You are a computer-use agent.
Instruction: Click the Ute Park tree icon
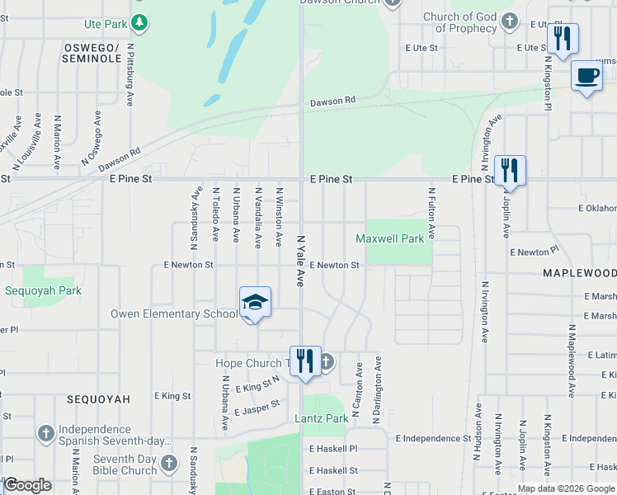pyautogui.click(x=140, y=23)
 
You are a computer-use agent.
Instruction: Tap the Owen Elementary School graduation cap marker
pyautogui.click(x=256, y=302)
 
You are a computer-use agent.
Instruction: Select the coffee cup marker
pyautogui.click(x=586, y=76)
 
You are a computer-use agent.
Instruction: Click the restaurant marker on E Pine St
pyautogui.click(x=510, y=172)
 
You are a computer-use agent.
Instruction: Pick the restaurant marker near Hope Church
pyautogui.click(x=305, y=361)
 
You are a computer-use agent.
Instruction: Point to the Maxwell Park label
pyautogui.click(x=389, y=238)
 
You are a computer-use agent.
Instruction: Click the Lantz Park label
pyautogui.click(x=322, y=418)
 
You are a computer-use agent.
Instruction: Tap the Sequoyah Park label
pyautogui.click(x=43, y=290)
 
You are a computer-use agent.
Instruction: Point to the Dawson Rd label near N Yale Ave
pyautogui.click(x=332, y=101)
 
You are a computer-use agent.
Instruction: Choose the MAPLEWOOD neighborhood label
pyautogui.click(x=579, y=272)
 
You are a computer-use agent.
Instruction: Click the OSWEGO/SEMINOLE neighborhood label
pyautogui.click(x=92, y=54)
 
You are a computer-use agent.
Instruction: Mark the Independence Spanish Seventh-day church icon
pyautogui.click(x=45, y=432)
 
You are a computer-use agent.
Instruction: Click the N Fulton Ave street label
pyautogui.click(x=431, y=213)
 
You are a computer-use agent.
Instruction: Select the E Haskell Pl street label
pyautogui.click(x=333, y=450)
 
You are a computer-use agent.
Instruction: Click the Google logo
pyautogui.click(x=27, y=485)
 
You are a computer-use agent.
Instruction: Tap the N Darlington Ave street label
pyautogui.click(x=378, y=387)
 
